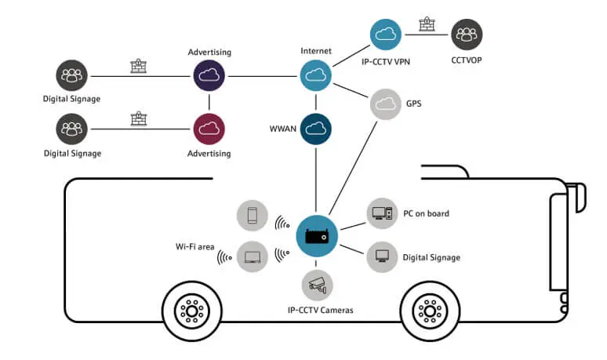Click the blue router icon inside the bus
[x=316, y=235]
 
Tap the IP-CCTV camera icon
[x=317, y=285]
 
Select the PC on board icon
[x=382, y=213]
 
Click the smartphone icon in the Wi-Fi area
[x=253, y=214]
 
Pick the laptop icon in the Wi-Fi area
[x=253, y=256]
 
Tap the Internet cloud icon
[x=316, y=76]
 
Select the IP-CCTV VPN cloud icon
[x=386, y=35]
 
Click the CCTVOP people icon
[x=467, y=35]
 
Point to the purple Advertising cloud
[x=209, y=76]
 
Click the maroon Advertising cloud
[x=209, y=128]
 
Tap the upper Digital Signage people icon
[x=72, y=76]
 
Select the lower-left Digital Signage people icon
[x=72, y=128]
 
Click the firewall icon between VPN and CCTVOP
[x=427, y=25]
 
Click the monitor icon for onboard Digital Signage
[x=382, y=256]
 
